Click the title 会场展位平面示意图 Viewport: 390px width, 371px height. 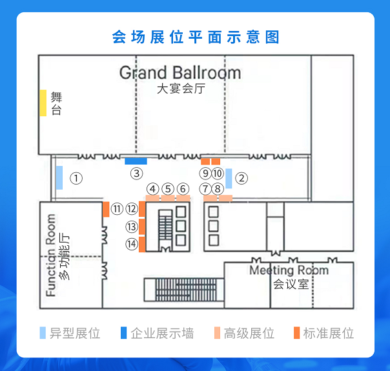pyautogui.click(x=195, y=37)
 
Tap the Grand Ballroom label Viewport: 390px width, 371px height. pyautogui.click(x=180, y=72)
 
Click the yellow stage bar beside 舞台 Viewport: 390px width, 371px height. pyautogui.click(x=43, y=103)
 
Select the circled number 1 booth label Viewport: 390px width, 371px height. pyautogui.click(x=76, y=178)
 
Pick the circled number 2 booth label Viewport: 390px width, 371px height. pyautogui.click(x=241, y=178)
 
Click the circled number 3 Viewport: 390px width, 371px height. pyautogui.click(x=136, y=173)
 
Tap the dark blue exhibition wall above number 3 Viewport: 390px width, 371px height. pyautogui.click(x=136, y=161)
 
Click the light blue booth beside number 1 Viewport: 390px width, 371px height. pyautogui.click(x=59, y=177)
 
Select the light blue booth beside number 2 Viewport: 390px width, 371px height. pyautogui.click(x=229, y=177)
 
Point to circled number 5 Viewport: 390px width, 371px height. pyautogui.click(x=168, y=189)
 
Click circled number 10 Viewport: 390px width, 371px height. pyautogui.click(x=218, y=173)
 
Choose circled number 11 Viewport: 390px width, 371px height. pyautogui.click(x=117, y=208)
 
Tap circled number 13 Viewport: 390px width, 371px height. pyautogui.click(x=132, y=226)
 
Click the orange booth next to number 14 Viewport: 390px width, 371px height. pyautogui.click(x=142, y=245)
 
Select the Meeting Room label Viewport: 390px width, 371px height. pyautogui.click(x=289, y=270)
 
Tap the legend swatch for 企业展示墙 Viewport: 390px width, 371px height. pyautogui.click(x=123, y=334)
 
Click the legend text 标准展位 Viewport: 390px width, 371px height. pyautogui.click(x=329, y=334)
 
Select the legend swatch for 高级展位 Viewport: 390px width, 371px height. pyautogui.click(x=217, y=334)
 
